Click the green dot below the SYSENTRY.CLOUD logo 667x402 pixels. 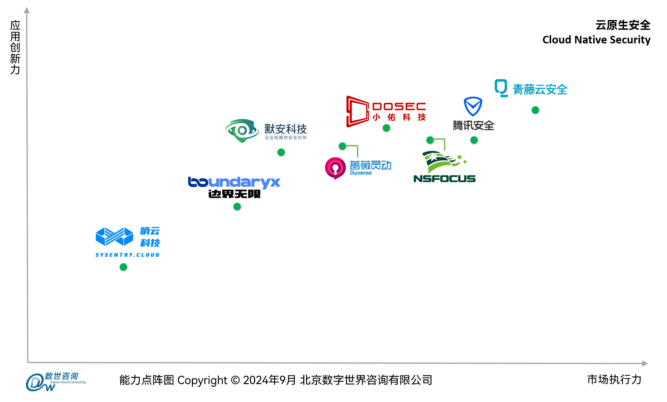pos(123,267)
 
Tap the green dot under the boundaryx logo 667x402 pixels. pos(237,207)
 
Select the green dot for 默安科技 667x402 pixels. pos(281,152)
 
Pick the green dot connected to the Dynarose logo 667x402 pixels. pos(342,146)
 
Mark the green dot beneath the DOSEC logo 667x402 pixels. pos(386,128)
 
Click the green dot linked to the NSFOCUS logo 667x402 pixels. pos(430,140)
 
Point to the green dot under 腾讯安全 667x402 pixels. pos(474,140)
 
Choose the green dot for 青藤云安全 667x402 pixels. pos(535,110)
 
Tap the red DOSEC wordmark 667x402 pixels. pos(399,107)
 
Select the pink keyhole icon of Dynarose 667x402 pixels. pos(335,168)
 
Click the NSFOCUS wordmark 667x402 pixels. pos(444,179)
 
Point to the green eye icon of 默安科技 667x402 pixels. pos(242,131)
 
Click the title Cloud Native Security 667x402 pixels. pos(596,40)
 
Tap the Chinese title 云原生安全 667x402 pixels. pos(623,25)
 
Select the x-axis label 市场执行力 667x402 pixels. pos(614,380)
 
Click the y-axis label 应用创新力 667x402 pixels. pos(15,47)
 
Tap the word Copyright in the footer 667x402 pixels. pos(202,380)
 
